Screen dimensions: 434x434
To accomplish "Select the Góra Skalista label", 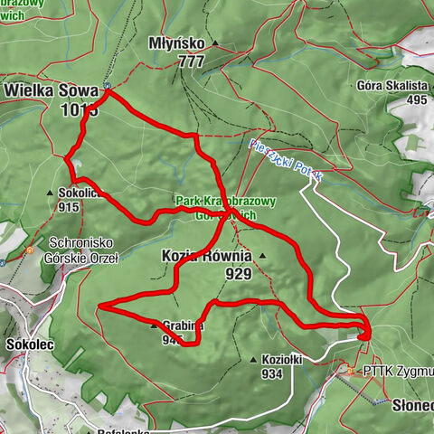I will coord(394,86).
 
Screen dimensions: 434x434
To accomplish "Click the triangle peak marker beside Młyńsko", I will coord(215,43).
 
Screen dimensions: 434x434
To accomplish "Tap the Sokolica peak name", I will coord(80,193).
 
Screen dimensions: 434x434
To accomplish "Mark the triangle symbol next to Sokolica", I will coord(50,193).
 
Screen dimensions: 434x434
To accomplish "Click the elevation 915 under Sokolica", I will coord(68,206).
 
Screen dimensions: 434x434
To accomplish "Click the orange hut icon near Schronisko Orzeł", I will coord(30,250).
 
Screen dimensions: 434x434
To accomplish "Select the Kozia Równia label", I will coord(206,257).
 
